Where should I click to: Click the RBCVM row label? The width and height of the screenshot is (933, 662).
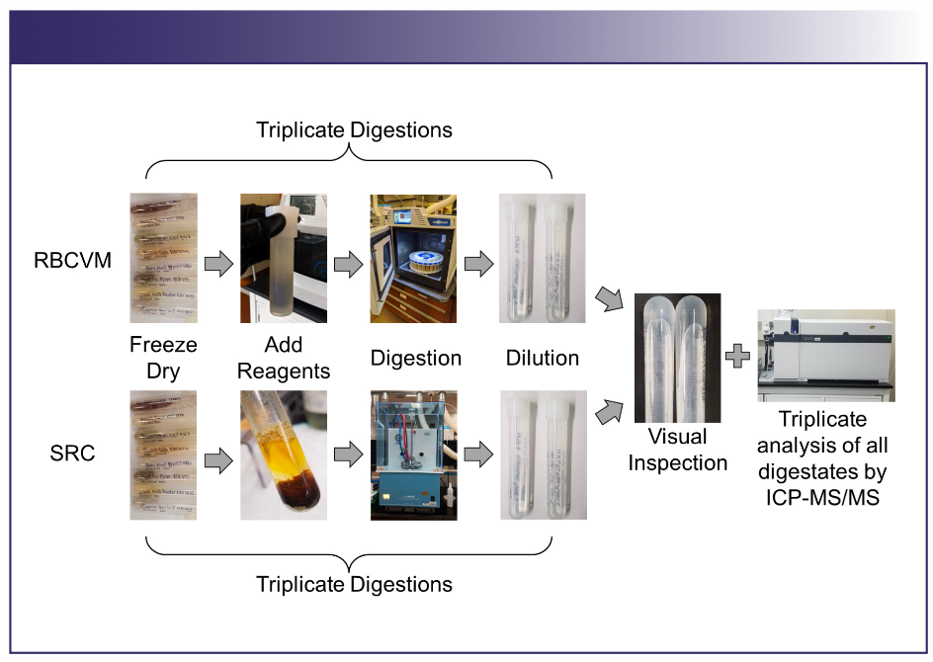(x=72, y=261)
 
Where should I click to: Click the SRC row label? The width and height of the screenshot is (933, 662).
(x=72, y=454)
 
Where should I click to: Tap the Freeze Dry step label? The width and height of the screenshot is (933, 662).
(x=163, y=358)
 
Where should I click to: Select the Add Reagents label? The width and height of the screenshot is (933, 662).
(x=284, y=358)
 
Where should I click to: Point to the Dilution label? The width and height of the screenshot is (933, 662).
(x=542, y=358)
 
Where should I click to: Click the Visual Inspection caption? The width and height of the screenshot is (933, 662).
(x=678, y=450)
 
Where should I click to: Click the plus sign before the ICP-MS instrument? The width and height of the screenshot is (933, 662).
(x=738, y=356)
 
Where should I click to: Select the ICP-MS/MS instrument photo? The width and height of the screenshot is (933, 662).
(x=826, y=356)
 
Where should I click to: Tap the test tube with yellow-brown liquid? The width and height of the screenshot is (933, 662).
(x=284, y=455)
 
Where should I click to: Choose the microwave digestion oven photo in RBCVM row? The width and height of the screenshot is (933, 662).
(x=413, y=258)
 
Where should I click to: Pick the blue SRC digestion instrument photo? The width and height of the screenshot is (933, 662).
(x=413, y=455)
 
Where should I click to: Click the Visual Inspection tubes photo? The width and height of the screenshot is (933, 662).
(x=678, y=358)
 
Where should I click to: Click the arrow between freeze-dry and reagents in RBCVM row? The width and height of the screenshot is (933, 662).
(x=218, y=264)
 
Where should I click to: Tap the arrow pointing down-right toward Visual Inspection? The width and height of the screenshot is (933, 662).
(x=609, y=298)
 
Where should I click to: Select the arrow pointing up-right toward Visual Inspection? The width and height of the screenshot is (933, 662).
(x=609, y=412)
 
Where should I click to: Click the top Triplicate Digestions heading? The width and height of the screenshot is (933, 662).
(x=354, y=130)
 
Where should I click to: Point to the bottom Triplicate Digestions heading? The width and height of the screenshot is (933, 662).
(x=354, y=585)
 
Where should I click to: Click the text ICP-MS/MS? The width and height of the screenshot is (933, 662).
(x=822, y=497)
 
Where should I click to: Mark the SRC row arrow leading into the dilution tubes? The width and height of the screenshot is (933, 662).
(x=479, y=455)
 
